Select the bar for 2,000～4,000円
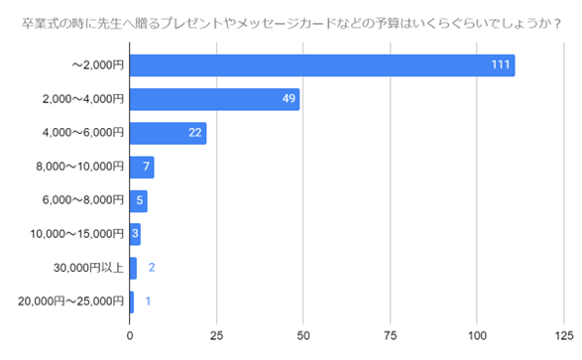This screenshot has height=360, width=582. click(x=214, y=99)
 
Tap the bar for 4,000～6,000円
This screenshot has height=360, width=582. click(x=168, y=133)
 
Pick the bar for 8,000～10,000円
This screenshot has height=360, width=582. click(x=142, y=167)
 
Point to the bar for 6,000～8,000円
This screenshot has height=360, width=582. click(x=138, y=200)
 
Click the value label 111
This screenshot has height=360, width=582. click(x=501, y=65)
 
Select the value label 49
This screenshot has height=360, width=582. click(x=288, y=99)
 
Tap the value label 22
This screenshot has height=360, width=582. click(x=195, y=133)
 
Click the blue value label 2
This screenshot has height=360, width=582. click(x=152, y=268)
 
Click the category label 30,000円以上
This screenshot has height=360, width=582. click(x=88, y=268)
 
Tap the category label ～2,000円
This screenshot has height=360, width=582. click(x=97, y=65)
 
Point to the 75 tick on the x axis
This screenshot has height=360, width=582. click(x=392, y=334)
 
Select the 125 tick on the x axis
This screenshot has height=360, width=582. click(x=565, y=334)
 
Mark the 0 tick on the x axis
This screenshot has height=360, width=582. click(x=130, y=334)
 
